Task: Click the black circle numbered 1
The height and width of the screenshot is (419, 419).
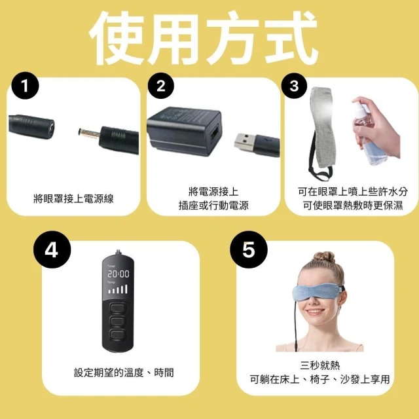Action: pyautogui.click(x=26, y=86)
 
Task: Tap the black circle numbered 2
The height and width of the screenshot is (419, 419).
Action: pyautogui.click(x=161, y=86)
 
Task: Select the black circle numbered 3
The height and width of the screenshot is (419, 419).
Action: pyautogui.click(x=294, y=86)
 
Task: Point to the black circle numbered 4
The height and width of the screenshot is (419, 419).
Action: pyautogui.click(x=52, y=249)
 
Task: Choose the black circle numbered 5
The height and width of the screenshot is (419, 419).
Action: pyautogui.click(x=249, y=249)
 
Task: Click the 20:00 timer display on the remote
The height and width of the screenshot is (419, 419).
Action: pyautogui.click(x=118, y=274)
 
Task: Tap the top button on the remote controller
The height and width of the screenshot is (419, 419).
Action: pyautogui.click(x=118, y=308)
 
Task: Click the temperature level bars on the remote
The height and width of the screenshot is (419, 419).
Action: pyautogui.click(x=118, y=289)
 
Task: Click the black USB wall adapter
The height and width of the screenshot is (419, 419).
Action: pyautogui.click(x=184, y=131)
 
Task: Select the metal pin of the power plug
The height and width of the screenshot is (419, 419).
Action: pyautogui.click(x=89, y=133)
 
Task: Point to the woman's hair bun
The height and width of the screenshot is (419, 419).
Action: pyautogui.click(x=324, y=257)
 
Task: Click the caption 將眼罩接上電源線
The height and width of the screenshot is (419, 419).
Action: pyautogui.click(x=73, y=198)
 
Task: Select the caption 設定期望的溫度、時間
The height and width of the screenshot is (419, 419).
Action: pyautogui.click(x=124, y=373)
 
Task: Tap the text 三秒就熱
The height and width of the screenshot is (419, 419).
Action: pyautogui.click(x=320, y=365)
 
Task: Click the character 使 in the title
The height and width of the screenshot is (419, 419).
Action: pyautogui.click(x=117, y=37)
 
